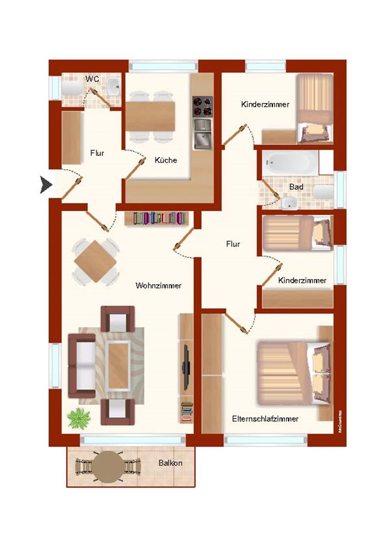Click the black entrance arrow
coord(46,185)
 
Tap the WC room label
coord(92,79)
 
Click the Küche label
coord(166,160)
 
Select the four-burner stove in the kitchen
coord(203,106)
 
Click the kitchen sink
coord(203,134)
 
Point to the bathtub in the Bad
coord(290,163)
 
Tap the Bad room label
coord(296,186)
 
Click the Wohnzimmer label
coord(158,286)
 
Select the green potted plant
coord(79,418)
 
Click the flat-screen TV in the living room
coord(186,367)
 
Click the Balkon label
coord(170,463)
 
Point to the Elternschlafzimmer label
coord(265,419)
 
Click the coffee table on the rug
coord(118,364)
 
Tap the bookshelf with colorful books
coord(156,218)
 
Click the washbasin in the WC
coord(113,87)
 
